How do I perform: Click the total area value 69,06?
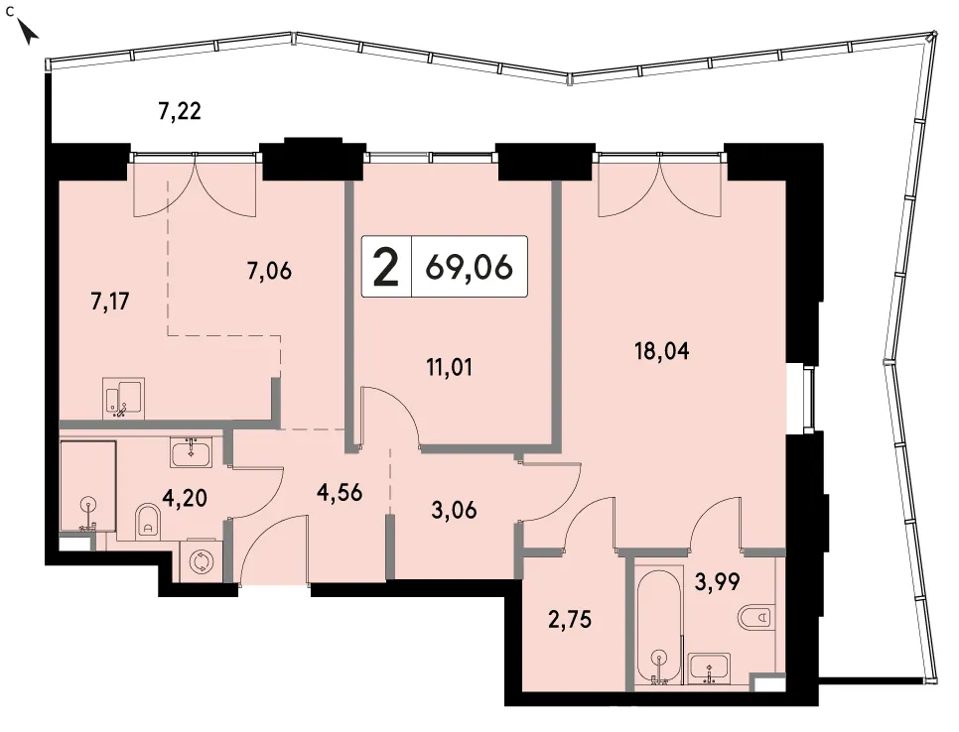469,267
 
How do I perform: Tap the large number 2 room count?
386,267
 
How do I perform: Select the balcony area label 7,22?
180,111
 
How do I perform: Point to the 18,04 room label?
662,351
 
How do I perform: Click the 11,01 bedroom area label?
449,367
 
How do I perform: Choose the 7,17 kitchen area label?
110,302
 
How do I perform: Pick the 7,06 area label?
269,270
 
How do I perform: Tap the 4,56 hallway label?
340,492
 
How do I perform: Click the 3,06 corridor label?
454,509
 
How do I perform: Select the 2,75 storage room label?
570,620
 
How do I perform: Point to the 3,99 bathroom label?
717,581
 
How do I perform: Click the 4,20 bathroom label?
184,498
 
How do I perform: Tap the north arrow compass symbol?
29,32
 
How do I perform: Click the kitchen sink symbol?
124,399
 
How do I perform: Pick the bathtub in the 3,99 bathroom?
659,625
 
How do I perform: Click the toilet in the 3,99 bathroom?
756,618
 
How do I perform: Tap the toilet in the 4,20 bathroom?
147,520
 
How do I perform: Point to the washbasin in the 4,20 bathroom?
191,452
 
